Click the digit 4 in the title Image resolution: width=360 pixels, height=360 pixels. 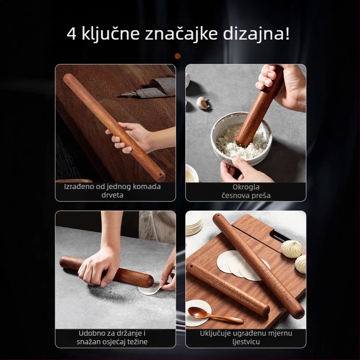[72, 34]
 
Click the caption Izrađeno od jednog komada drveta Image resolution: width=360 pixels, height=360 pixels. [115, 191]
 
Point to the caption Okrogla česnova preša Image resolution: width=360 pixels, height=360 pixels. [246, 191]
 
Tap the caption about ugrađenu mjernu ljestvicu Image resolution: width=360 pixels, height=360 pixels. [246, 337]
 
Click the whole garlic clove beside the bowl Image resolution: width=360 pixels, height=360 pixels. [203, 103]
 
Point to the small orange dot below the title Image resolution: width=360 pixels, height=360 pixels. [177, 56]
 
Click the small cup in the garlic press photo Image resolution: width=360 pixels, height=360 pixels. [192, 173]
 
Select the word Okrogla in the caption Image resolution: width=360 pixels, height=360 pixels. [246, 186]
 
